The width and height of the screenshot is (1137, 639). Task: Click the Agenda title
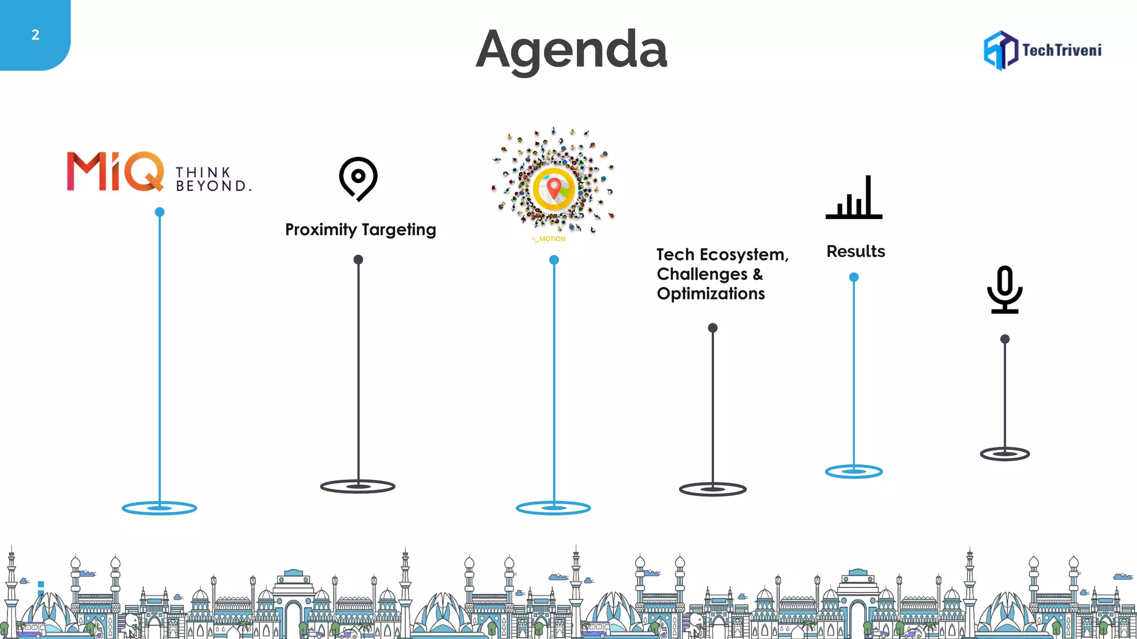pos(571,50)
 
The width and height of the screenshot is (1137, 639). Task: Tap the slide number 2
pos(35,35)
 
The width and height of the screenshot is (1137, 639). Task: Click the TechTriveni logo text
pos(1061,50)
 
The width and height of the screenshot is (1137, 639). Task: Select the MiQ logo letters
pos(115,171)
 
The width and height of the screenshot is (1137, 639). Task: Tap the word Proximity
pos(321,230)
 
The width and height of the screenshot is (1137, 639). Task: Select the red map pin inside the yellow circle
pos(554,187)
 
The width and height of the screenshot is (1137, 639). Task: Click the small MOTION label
pos(552,239)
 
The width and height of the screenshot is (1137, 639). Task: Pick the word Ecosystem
pos(744,255)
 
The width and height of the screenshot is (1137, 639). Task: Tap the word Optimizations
pos(711,293)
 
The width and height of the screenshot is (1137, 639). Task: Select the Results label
pos(856,251)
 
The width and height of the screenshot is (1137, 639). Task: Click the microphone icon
pos(1005,289)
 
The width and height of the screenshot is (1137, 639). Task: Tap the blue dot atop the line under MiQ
pos(159,212)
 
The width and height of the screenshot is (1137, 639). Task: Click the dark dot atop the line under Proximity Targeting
pos(358,260)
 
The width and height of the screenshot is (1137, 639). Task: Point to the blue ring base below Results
pos(854,471)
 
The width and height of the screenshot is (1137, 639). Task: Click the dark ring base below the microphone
pos(1005,454)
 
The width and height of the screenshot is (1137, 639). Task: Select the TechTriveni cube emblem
pos(1000,50)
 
